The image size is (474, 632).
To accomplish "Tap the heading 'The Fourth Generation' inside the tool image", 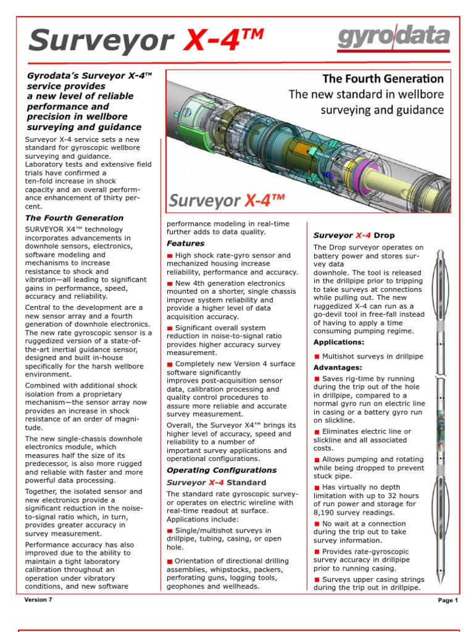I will coord(383,79).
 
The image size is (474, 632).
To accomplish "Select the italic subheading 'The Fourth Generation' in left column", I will coord(74,218).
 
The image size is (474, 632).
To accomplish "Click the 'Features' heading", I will coord(186,244).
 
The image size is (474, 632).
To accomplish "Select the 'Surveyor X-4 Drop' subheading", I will coord(354,235).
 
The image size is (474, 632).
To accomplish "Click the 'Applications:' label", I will coord(339,342).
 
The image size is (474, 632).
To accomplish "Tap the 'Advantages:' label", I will coord(338,367).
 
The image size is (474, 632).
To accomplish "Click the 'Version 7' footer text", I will coord(38,600).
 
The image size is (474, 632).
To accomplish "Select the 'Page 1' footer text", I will coord(447,600).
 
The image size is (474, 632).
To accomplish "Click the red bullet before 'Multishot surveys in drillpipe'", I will coord(317,356).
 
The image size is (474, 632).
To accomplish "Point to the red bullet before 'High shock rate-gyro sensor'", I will coord(170,256).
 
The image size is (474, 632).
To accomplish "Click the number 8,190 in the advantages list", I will coord(326,512).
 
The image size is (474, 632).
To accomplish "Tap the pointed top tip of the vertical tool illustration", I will coord(440,249).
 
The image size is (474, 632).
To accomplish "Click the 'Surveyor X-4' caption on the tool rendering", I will coord(227,201).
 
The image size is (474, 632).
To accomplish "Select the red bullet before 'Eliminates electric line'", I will coord(317,432).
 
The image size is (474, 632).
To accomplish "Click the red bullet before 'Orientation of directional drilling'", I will coord(170,561).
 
